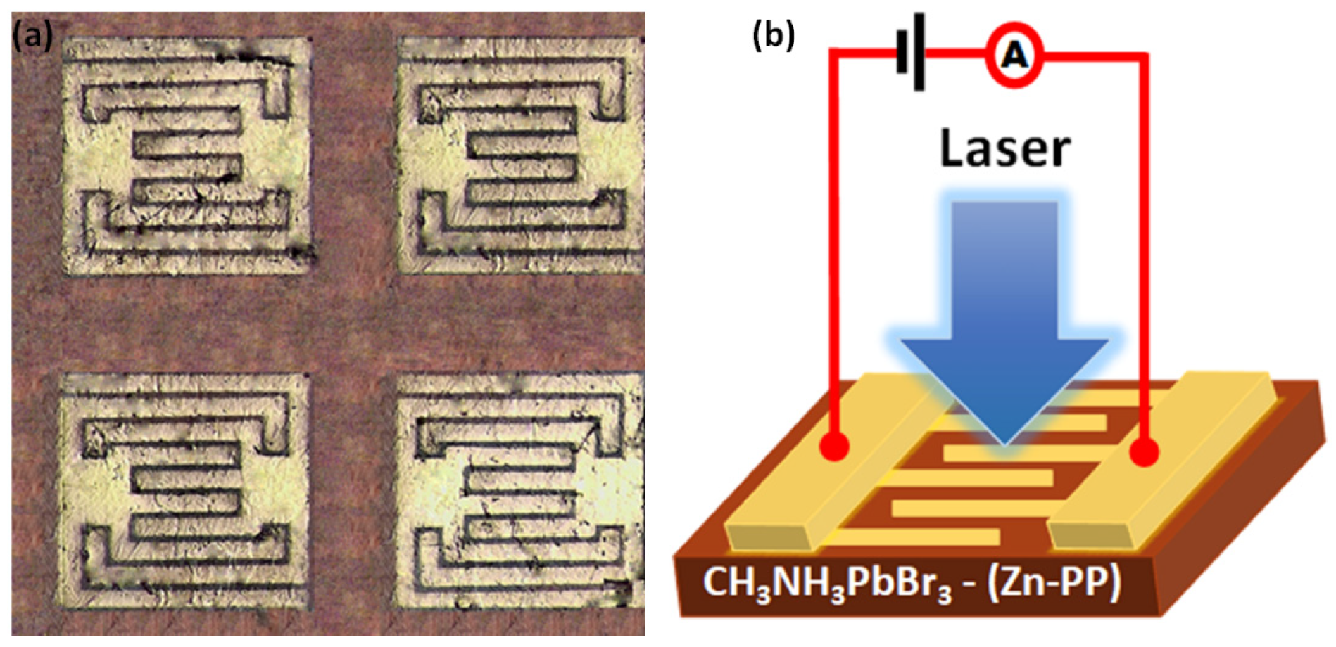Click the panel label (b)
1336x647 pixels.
773,35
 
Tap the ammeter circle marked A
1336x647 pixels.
1013,55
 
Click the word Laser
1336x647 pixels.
1004,149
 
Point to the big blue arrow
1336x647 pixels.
1004,316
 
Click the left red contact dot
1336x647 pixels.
835,446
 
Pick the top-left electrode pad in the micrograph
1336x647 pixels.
186,155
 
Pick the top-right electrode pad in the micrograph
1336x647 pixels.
521,155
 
